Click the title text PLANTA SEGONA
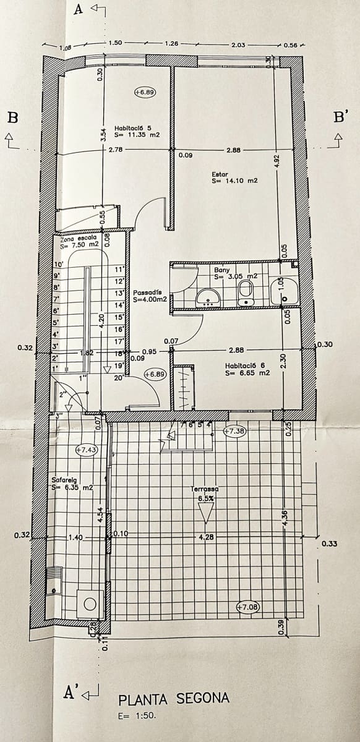click(174, 699)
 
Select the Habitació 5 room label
click(137, 131)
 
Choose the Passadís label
click(148, 296)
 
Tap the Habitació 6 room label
click(247, 369)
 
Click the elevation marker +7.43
click(87, 450)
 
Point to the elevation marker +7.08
click(248, 607)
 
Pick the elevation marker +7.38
click(234, 430)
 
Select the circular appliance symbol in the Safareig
click(90, 604)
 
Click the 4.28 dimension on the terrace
click(207, 537)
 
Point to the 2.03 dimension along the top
click(238, 45)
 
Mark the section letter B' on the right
click(340, 118)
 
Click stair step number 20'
click(118, 377)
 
